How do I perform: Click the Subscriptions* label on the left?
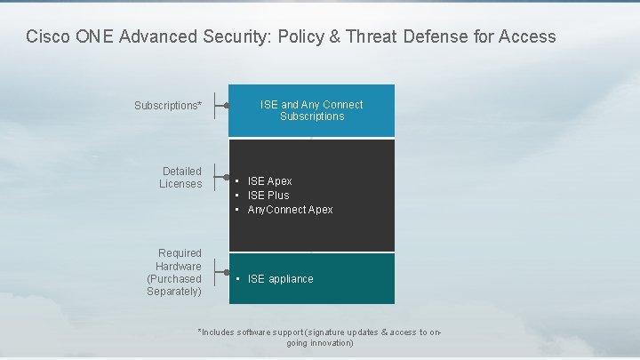point(168,106)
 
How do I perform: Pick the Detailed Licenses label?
point(181,178)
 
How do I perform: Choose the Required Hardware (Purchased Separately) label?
point(174,272)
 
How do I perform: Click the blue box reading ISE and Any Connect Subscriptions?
point(311,110)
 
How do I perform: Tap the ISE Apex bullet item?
point(269,181)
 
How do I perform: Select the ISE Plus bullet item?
point(268,196)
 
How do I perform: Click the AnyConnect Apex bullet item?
point(290,210)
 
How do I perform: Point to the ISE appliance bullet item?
point(280,279)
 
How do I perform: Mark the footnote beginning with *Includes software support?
point(319,337)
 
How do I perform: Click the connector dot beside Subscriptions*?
point(228,105)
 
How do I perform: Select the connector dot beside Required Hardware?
point(228,272)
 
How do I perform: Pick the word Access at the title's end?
point(527,37)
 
